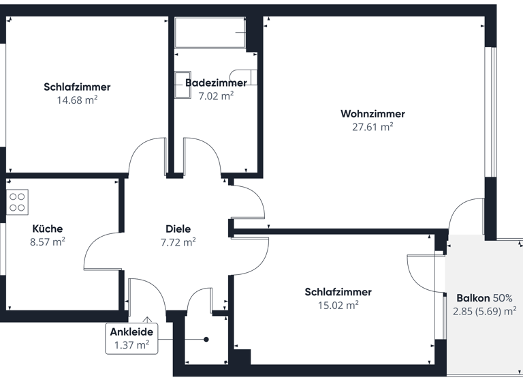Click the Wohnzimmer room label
373,114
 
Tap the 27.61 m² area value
373,127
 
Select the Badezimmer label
216,83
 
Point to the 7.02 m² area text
216,96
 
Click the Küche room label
48,229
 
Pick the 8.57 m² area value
48,241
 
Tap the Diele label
178,229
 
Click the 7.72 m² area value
178,242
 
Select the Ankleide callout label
131,332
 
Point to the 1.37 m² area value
131,345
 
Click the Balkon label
471,298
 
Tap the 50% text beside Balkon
502,298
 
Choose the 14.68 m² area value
77,100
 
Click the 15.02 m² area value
338,306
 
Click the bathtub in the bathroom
210,33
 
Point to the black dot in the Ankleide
206,339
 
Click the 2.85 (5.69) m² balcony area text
484,312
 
